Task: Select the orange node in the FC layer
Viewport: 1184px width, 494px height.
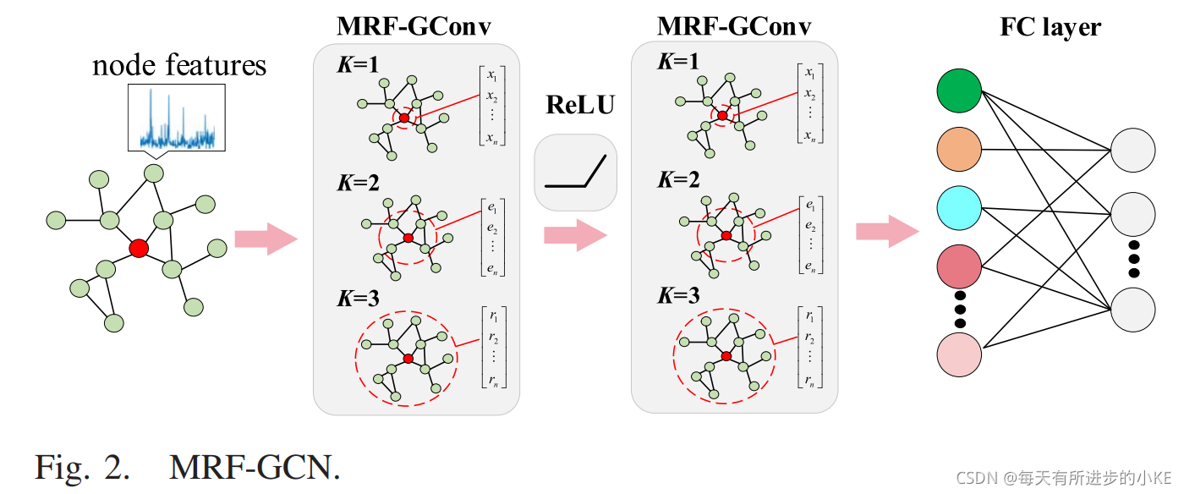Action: click(x=959, y=150)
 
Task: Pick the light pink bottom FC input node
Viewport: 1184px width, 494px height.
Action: click(x=959, y=354)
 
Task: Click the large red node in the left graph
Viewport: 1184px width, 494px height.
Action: click(x=139, y=248)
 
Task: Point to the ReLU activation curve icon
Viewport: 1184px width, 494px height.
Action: click(x=576, y=172)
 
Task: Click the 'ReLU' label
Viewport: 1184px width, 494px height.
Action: click(x=580, y=105)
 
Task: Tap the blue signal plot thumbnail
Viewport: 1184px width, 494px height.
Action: click(x=177, y=117)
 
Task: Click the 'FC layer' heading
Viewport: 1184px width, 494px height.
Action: click(x=1050, y=27)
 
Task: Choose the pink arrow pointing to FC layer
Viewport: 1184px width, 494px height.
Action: click(x=887, y=231)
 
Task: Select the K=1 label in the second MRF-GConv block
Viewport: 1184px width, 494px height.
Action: click(x=678, y=62)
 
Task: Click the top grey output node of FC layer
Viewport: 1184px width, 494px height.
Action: click(x=1132, y=151)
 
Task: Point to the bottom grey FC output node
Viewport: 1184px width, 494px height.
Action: click(x=1132, y=309)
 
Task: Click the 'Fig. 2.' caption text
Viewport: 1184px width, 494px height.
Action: click(x=83, y=466)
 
